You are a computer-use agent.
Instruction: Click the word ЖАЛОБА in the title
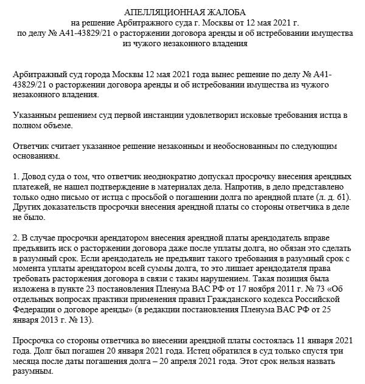click(215, 12)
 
